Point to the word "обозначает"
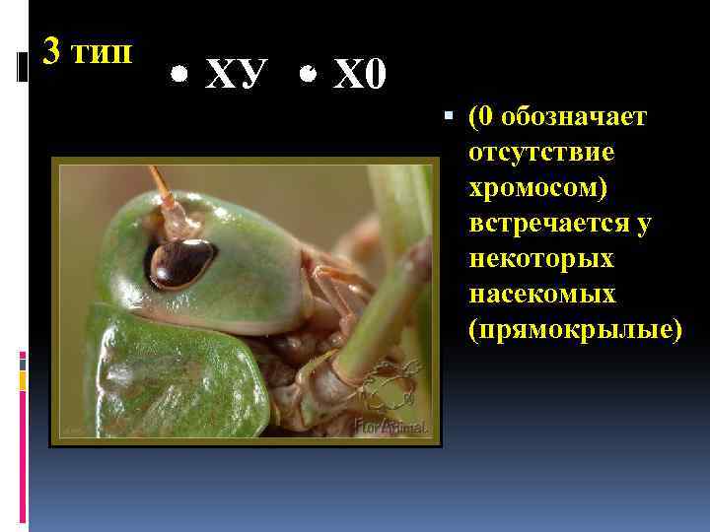[x=574, y=117]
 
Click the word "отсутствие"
[x=541, y=153]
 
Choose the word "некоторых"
[x=541, y=259]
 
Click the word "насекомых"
[x=543, y=295]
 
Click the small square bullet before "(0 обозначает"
[x=450, y=117]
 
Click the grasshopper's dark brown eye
[x=181, y=262]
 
